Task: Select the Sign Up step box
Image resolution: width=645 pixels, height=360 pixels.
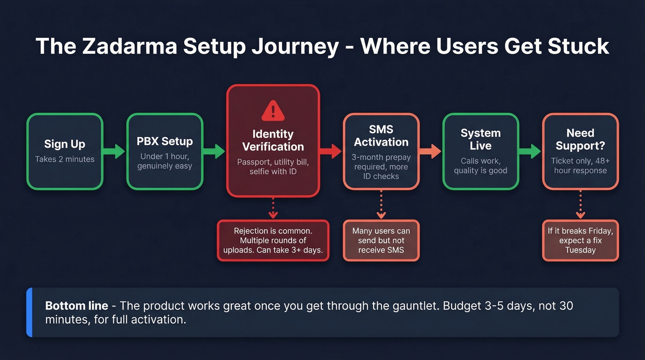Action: point(64,151)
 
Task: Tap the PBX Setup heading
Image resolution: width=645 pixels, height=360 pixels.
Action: point(164,142)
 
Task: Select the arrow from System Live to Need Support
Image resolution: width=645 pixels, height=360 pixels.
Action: point(530,151)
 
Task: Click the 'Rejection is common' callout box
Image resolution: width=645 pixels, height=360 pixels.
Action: point(273,241)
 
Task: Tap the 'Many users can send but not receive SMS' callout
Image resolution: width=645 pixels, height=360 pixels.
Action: point(381,241)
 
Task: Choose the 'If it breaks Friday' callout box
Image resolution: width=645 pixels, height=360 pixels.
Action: point(580,241)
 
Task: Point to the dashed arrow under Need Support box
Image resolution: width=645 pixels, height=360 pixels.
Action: point(580,205)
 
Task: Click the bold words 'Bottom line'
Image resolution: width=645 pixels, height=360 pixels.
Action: point(76,306)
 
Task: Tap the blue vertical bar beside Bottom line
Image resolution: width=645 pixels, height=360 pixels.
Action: point(29,312)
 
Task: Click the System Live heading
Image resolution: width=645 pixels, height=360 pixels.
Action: point(481,139)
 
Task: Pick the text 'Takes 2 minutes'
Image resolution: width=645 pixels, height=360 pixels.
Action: point(64,159)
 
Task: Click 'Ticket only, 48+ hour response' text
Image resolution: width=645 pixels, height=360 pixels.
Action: point(580,166)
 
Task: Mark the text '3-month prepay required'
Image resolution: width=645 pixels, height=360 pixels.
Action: point(381,162)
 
